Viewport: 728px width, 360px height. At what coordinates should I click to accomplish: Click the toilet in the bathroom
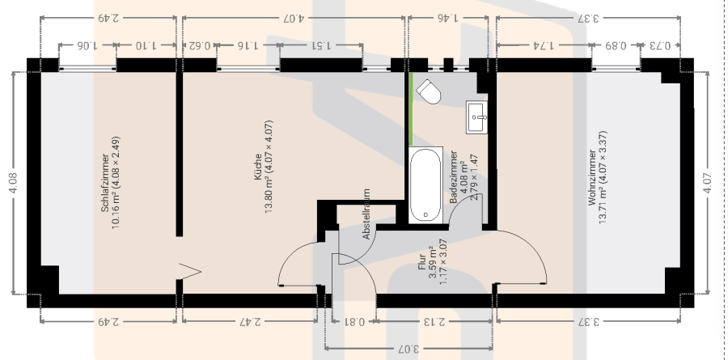[x=428, y=91]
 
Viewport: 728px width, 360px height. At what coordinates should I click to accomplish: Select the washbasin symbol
[x=476, y=117]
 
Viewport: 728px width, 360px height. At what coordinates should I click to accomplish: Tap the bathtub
[x=425, y=184]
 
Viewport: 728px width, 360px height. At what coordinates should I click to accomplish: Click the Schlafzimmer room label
[x=105, y=183]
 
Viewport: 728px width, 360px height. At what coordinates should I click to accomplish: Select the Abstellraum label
[x=366, y=214]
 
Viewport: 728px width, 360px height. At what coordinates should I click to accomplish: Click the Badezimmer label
[x=454, y=177]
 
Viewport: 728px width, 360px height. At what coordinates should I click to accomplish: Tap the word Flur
[x=422, y=262]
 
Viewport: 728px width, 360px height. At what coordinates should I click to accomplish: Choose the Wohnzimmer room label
[x=592, y=177]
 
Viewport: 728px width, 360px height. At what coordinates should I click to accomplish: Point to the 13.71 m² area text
[x=603, y=207]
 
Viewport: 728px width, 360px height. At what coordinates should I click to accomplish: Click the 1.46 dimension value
[x=447, y=18]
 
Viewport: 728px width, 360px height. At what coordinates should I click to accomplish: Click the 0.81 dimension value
[x=354, y=321]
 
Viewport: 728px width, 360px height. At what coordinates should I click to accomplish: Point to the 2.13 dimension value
[x=434, y=321]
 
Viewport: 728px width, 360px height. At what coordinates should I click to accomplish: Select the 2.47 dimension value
[x=250, y=321]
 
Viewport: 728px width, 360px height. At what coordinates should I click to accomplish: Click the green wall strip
[x=410, y=109]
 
